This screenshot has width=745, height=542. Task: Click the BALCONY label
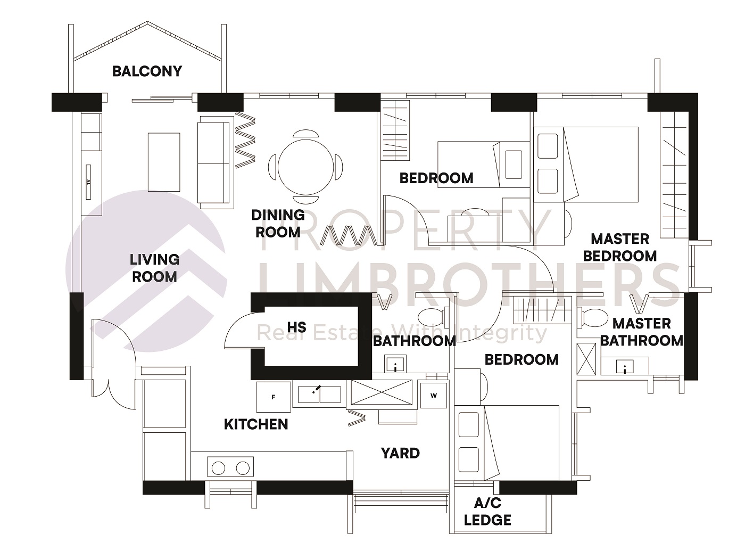[147, 71]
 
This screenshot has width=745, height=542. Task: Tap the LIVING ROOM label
[154, 268]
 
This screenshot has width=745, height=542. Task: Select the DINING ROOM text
[278, 223]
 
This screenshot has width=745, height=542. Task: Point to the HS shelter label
[296, 327]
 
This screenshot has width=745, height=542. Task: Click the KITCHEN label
[256, 424]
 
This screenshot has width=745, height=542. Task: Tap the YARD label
[400, 453]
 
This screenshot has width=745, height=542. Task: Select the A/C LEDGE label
[487, 512]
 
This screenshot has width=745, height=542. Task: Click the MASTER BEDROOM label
[619, 247]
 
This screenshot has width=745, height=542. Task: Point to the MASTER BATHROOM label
[641, 332]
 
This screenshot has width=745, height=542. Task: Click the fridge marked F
[274, 397]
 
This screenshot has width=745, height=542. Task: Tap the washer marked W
[433, 396]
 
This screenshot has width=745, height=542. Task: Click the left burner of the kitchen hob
[218, 468]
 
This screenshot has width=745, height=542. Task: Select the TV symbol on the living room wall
[88, 182]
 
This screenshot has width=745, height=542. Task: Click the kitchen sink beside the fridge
[319, 394]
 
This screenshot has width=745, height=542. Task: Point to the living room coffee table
[164, 161]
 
